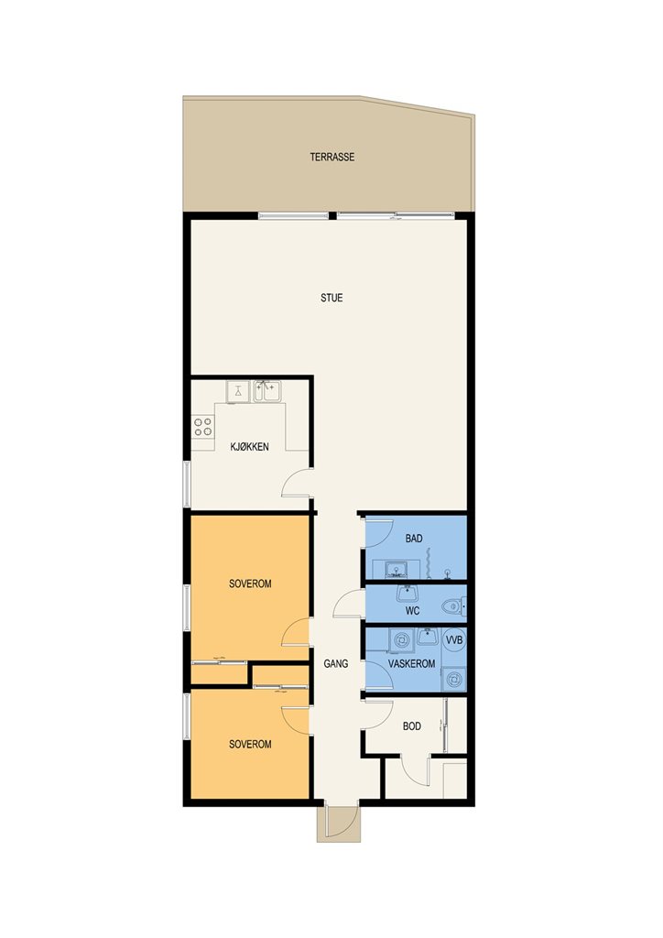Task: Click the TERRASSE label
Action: pos(331,158)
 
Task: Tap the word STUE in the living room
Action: pos(331,298)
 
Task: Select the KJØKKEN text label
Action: pos(249,446)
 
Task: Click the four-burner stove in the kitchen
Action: pos(202,427)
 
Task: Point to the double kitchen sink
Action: pos(267,392)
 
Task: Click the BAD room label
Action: pos(414,539)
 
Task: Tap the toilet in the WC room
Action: pos(455,607)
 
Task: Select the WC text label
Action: pos(412,611)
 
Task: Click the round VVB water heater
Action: pos(454,640)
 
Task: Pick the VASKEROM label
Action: pos(411,664)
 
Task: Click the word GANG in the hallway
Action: pos(335,663)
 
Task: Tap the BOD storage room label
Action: pos(412,726)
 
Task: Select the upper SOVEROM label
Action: pos(250,584)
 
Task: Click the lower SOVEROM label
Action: pos(250,744)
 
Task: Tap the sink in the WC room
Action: pos(408,594)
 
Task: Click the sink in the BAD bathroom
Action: pos(396,569)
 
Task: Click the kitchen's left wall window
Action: pos(187,485)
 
